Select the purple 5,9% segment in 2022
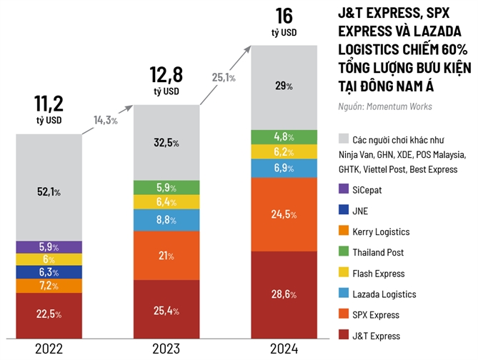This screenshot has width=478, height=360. (49, 246)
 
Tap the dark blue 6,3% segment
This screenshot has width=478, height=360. (49, 272)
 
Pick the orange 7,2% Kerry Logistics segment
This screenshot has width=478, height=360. (49, 286)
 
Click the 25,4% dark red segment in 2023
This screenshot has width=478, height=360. (166, 311)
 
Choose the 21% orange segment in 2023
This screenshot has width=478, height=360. (166, 256)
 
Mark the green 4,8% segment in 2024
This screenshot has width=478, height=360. (284, 137)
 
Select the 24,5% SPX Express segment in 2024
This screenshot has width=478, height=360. (284, 214)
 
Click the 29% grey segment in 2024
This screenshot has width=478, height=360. (284, 86)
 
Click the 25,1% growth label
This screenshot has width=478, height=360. (224, 77)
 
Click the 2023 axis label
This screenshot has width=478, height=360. (166, 349)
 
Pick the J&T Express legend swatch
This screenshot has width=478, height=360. (344, 336)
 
